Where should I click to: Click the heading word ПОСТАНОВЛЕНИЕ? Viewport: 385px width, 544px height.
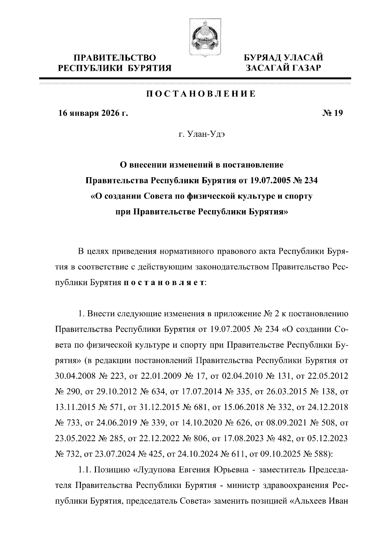pyautogui.click(x=201, y=94)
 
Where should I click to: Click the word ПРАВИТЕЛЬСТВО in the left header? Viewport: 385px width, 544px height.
pyautogui.click(x=115, y=58)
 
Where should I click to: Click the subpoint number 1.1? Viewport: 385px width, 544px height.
pyautogui.click(x=85, y=470)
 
